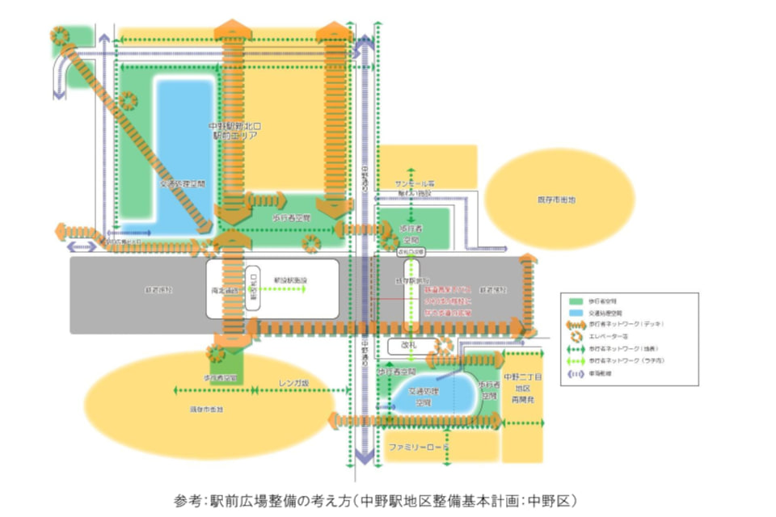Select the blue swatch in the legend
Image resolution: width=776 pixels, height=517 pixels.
click(x=576, y=312)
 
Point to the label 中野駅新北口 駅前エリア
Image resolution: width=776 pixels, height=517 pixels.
click(x=234, y=132)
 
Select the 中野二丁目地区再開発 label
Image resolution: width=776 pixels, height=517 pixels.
click(x=522, y=390)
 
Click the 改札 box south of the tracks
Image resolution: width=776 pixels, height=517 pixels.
click(x=403, y=345)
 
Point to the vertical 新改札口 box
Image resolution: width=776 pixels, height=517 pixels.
click(x=252, y=288)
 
